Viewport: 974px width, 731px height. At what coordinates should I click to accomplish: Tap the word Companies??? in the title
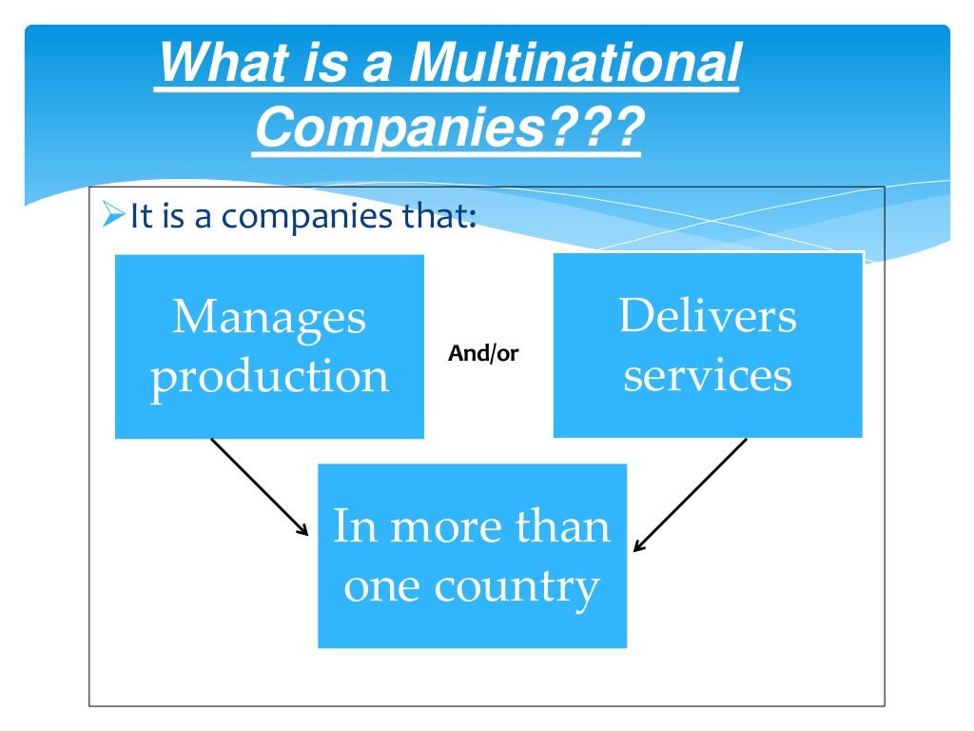[x=447, y=129]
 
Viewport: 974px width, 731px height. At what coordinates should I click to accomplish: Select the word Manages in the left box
[x=269, y=317]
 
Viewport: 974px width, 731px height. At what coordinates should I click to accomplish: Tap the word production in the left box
[x=269, y=377]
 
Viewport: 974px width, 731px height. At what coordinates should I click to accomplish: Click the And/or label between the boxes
[x=483, y=354]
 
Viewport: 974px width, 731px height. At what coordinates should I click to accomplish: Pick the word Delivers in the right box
[x=708, y=316]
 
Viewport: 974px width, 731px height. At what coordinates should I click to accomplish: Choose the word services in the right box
[x=708, y=375]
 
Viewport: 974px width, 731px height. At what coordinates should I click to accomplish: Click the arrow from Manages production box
[x=259, y=486]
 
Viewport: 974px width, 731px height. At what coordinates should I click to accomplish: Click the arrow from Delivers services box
[x=691, y=494]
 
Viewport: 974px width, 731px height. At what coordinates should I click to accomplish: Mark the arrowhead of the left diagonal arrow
[x=304, y=532]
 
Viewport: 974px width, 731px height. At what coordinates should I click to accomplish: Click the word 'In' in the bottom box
[x=354, y=526]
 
